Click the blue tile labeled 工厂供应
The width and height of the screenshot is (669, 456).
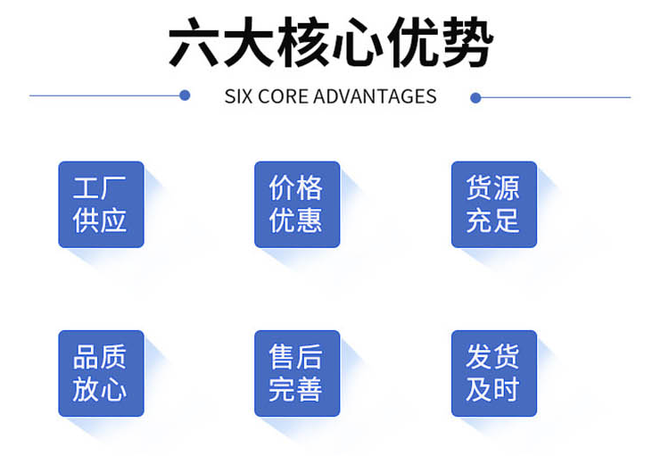pyautogui.click(x=101, y=204)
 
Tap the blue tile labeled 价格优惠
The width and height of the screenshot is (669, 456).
pyautogui.click(x=297, y=204)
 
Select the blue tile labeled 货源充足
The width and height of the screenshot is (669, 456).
pyautogui.click(x=494, y=204)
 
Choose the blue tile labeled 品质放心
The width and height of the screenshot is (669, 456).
pyautogui.click(x=101, y=373)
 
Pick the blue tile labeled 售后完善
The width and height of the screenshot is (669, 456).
pyautogui.click(x=297, y=373)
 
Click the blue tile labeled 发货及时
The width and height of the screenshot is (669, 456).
pyautogui.click(x=494, y=373)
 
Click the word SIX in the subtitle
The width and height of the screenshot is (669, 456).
pyautogui.click(x=238, y=96)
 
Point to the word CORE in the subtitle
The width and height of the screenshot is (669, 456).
pyautogui.click(x=284, y=96)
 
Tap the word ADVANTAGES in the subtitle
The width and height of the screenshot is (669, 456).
pyautogui.click(x=375, y=96)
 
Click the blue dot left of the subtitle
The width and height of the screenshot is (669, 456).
pyautogui.click(x=185, y=95)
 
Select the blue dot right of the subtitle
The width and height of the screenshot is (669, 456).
pyautogui.click(x=475, y=98)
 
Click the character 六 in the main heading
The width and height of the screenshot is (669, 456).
pyautogui.click(x=194, y=42)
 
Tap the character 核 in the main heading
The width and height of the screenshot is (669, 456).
pyautogui.click(x=303, y=42)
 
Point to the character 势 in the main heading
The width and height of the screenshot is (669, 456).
pyautogui.click(x=468, y=42)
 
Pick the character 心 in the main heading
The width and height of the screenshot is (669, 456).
pyautogui.click(x=358, y=42)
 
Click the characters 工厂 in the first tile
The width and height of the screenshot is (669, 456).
pyautogui.click(x=99, y=187)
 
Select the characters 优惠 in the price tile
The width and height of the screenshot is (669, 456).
pyautogui.click(x=295, y=220)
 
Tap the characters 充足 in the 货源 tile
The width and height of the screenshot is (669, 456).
pyautogui.click(x=492, y=220)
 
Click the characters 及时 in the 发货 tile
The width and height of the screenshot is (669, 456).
pyautogui.click(x=492, y=389)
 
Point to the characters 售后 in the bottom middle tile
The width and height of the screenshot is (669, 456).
pyautogui.click(x=295, y=357)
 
